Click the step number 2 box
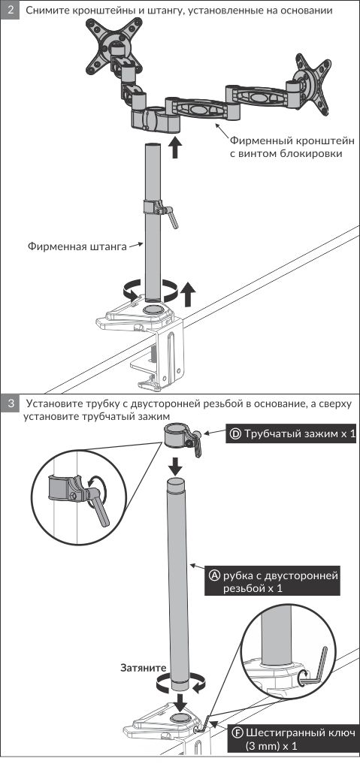tap(11, 10)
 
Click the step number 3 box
tap(11, 404)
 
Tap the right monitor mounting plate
tap(313, 85)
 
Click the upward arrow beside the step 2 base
tap(188, 295)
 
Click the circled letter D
tap(235, 433)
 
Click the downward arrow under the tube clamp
tap(177, 467)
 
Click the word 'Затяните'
tap(144, 668)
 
